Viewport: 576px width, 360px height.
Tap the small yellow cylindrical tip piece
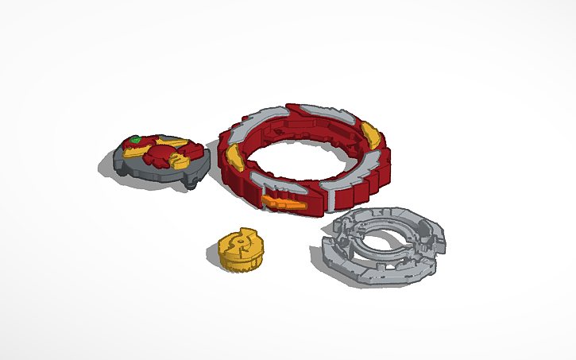tap(238, 249)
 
